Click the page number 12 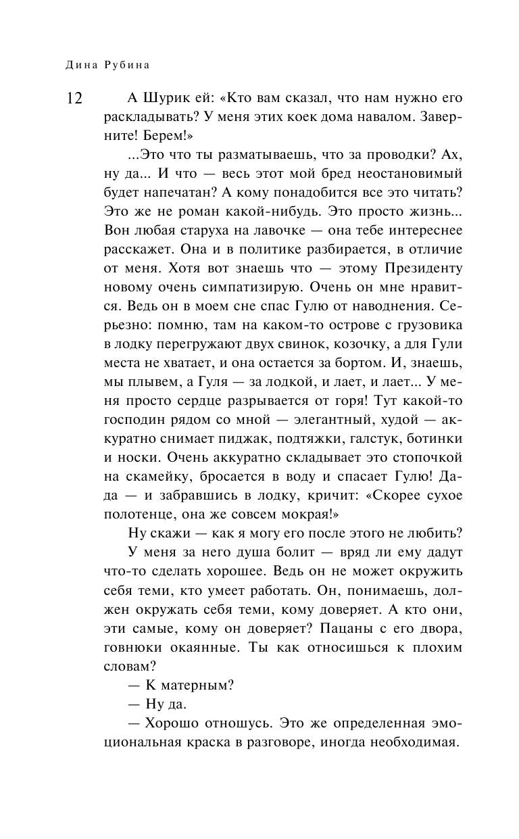[x=73, y=99]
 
